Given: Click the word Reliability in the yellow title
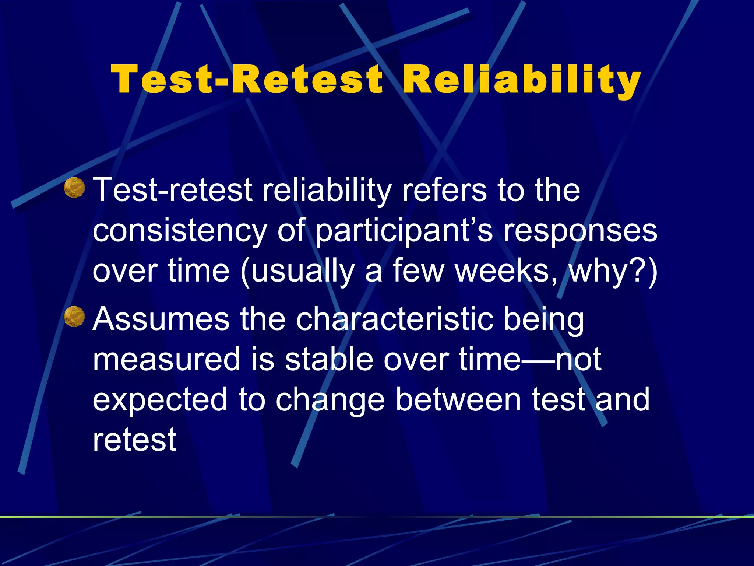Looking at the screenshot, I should (522, 80).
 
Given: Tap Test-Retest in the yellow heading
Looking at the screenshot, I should (247, 80).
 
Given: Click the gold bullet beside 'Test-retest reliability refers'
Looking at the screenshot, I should (74, 188).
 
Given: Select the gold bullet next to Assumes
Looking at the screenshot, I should (74, 317).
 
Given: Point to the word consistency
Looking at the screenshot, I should (180, 231).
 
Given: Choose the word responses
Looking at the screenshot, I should (580, 231).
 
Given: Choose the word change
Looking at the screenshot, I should (330, 401).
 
